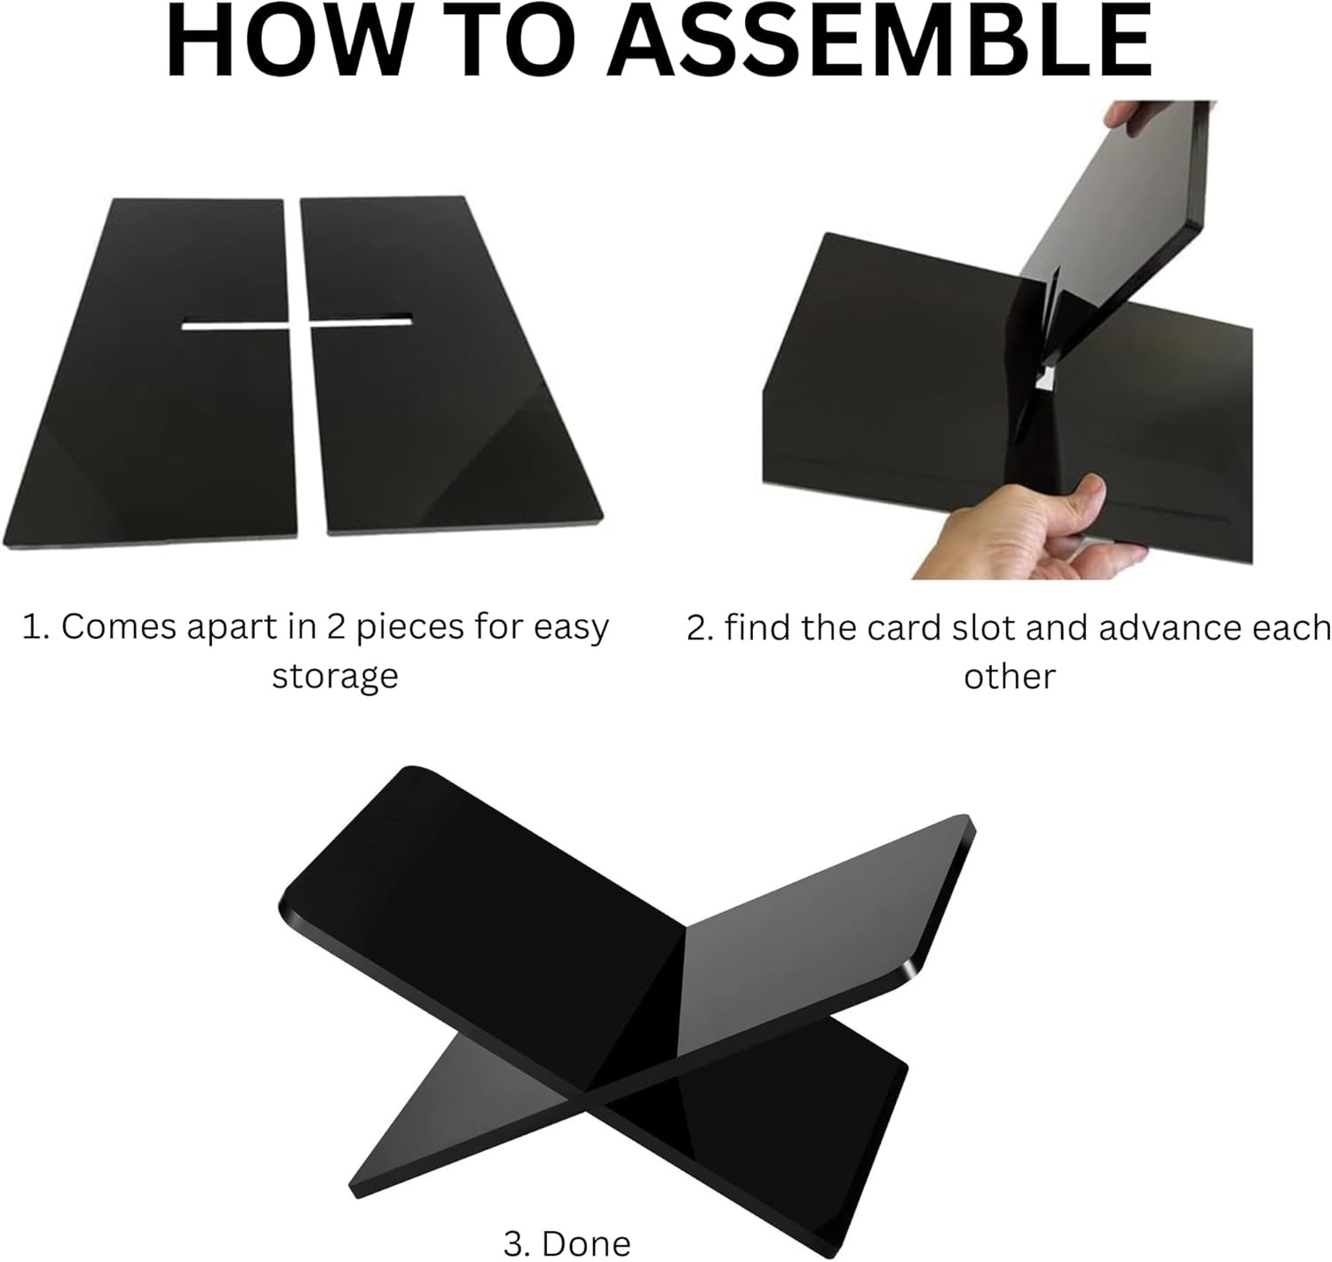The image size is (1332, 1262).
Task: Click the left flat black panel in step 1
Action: coord(150,373)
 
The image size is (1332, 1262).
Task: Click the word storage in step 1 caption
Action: coord(335,677)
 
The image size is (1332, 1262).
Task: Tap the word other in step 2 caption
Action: coord(1010,677)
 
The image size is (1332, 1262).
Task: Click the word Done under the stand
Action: coord(586,1243)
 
